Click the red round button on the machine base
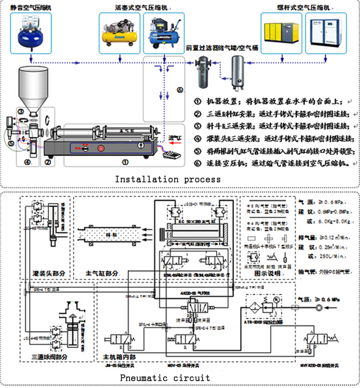pos(101,149)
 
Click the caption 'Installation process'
pos(168,179)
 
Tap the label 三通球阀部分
pos(52,356)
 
